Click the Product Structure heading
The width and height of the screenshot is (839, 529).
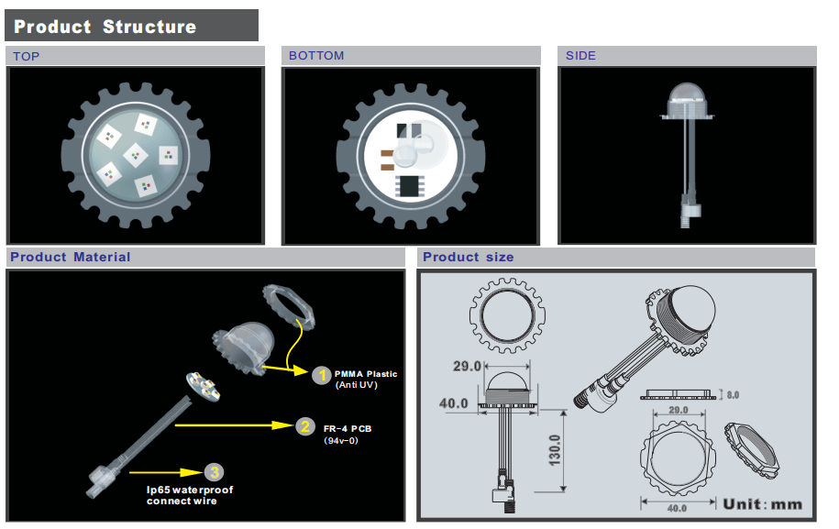[105, 27]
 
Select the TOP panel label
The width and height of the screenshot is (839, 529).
[27, 56]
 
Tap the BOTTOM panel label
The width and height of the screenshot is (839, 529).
[316, 56]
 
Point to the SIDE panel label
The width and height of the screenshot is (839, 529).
[580, 56]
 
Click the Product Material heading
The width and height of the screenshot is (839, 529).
[71, 258]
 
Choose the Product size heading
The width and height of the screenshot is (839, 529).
[468, 258]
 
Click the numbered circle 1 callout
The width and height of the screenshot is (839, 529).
[321, 375]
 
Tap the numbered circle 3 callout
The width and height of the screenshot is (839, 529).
[214, 472]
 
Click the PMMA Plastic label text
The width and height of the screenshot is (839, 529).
[366, 374]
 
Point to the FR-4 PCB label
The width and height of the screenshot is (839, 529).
[348, 428]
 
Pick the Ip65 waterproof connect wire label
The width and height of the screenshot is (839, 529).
[190, 495]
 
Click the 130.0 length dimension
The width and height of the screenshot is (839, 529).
[554, 449]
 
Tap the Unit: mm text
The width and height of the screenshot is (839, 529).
[762, 503]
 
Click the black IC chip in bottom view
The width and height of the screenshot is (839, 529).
[408, 186]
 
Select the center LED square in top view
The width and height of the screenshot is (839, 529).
[136, 154]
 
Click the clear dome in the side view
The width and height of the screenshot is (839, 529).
[686, 95]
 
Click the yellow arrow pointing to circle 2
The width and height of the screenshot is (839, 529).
[234, 425]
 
